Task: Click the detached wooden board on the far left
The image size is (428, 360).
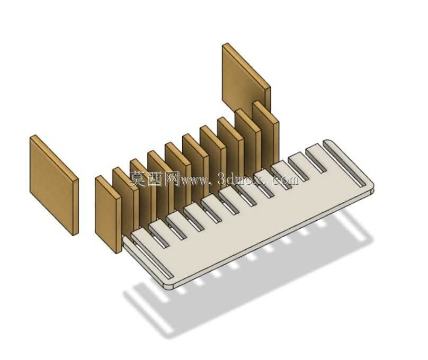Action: click(x=54, y=185)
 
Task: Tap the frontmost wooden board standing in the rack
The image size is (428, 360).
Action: click(x=108, y=214)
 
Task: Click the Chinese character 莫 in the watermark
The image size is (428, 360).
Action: click(x=138, y=178)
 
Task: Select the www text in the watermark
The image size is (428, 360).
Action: click(x=194, y=181)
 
